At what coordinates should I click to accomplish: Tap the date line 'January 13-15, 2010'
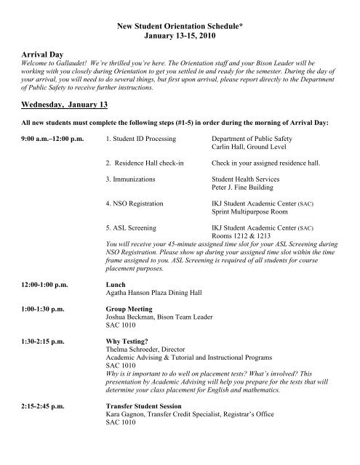(180, 36)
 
